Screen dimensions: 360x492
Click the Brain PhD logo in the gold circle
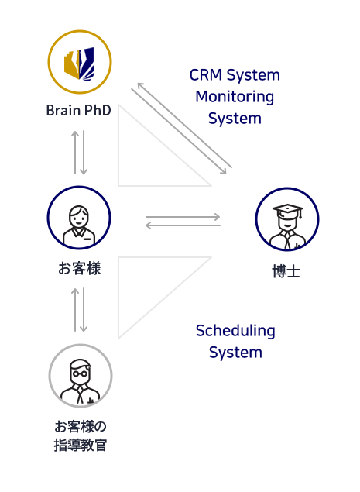click(x=79, y=62)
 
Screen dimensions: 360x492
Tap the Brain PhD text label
click(x=79, y=111)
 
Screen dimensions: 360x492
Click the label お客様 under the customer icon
click(x=79, y=269)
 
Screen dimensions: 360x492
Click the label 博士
click(x=286, y=271)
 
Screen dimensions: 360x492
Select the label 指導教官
click(x=81, y=446)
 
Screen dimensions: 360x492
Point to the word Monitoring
click(x=235, y=97)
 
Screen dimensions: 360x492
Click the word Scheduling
click(x=235, y=331)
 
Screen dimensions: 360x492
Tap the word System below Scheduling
click(x=235, y=353)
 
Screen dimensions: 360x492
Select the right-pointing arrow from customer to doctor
click(x=183, y=217)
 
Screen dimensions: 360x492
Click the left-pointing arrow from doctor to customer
click(x=183, y=225)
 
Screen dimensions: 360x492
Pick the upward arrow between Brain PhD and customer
click(x=75, y=152)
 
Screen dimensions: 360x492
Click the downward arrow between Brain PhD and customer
click(x=84, y=152)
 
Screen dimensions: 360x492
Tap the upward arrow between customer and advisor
click(x=75, y=310)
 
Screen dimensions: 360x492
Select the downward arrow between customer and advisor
click(x=84, y=310)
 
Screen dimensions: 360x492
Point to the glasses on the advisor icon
click(x=81, y=373)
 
